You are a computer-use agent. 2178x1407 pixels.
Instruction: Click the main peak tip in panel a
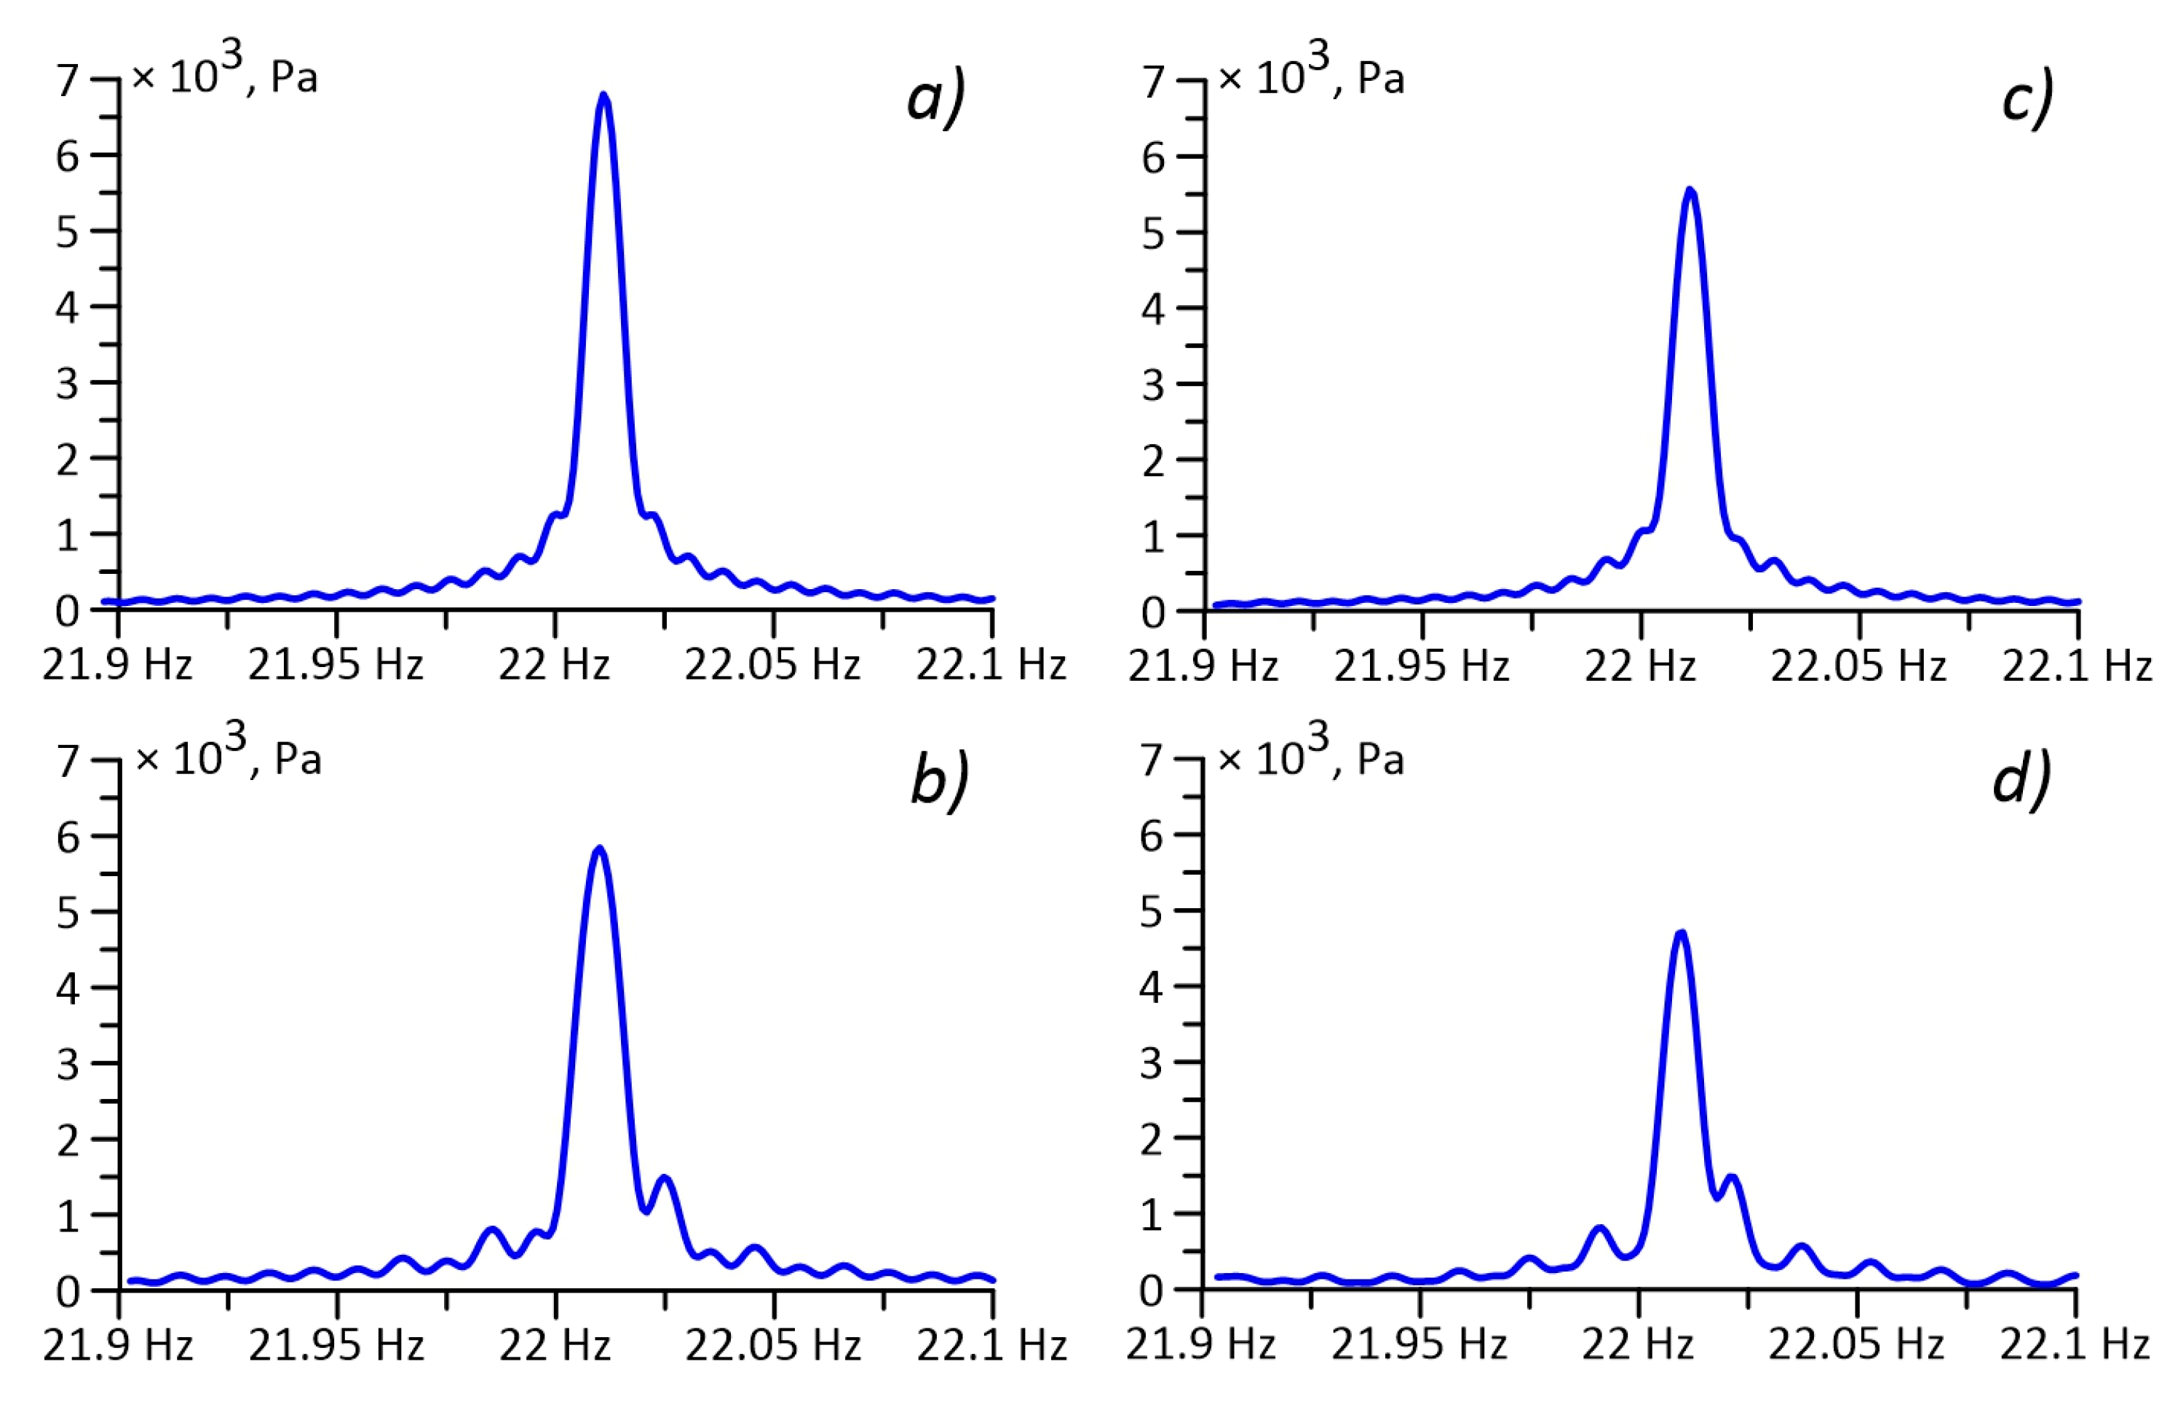pyautogui.click(x=603, y=95)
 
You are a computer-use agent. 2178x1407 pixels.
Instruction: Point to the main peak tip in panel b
pyautogui.click(x=599, y=850)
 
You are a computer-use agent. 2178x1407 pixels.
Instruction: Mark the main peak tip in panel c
pyautogui.click(x=1690, y=191)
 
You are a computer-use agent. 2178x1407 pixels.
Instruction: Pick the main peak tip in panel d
pyautogui.click(x=1680, y=934)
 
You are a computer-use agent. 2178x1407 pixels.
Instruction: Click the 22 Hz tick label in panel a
pyautogui.click(x=554, y=664)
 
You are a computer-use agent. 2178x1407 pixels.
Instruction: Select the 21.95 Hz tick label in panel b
pyautogui.click(x=336, y=1346)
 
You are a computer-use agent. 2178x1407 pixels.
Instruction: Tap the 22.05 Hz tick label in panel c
pyautogui.click(x=1858, y=666)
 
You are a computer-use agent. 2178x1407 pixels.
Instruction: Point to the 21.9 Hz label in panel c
pyautogui.click(x=1203, y=666)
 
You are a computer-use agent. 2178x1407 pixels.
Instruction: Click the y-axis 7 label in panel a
pyautogui.click(x=68, y=80)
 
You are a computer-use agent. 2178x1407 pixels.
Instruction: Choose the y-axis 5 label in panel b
pyautogui.click(x=68, y=913)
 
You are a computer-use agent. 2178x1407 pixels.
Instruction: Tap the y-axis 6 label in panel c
pyautogui.click(x=1153, y=158)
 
